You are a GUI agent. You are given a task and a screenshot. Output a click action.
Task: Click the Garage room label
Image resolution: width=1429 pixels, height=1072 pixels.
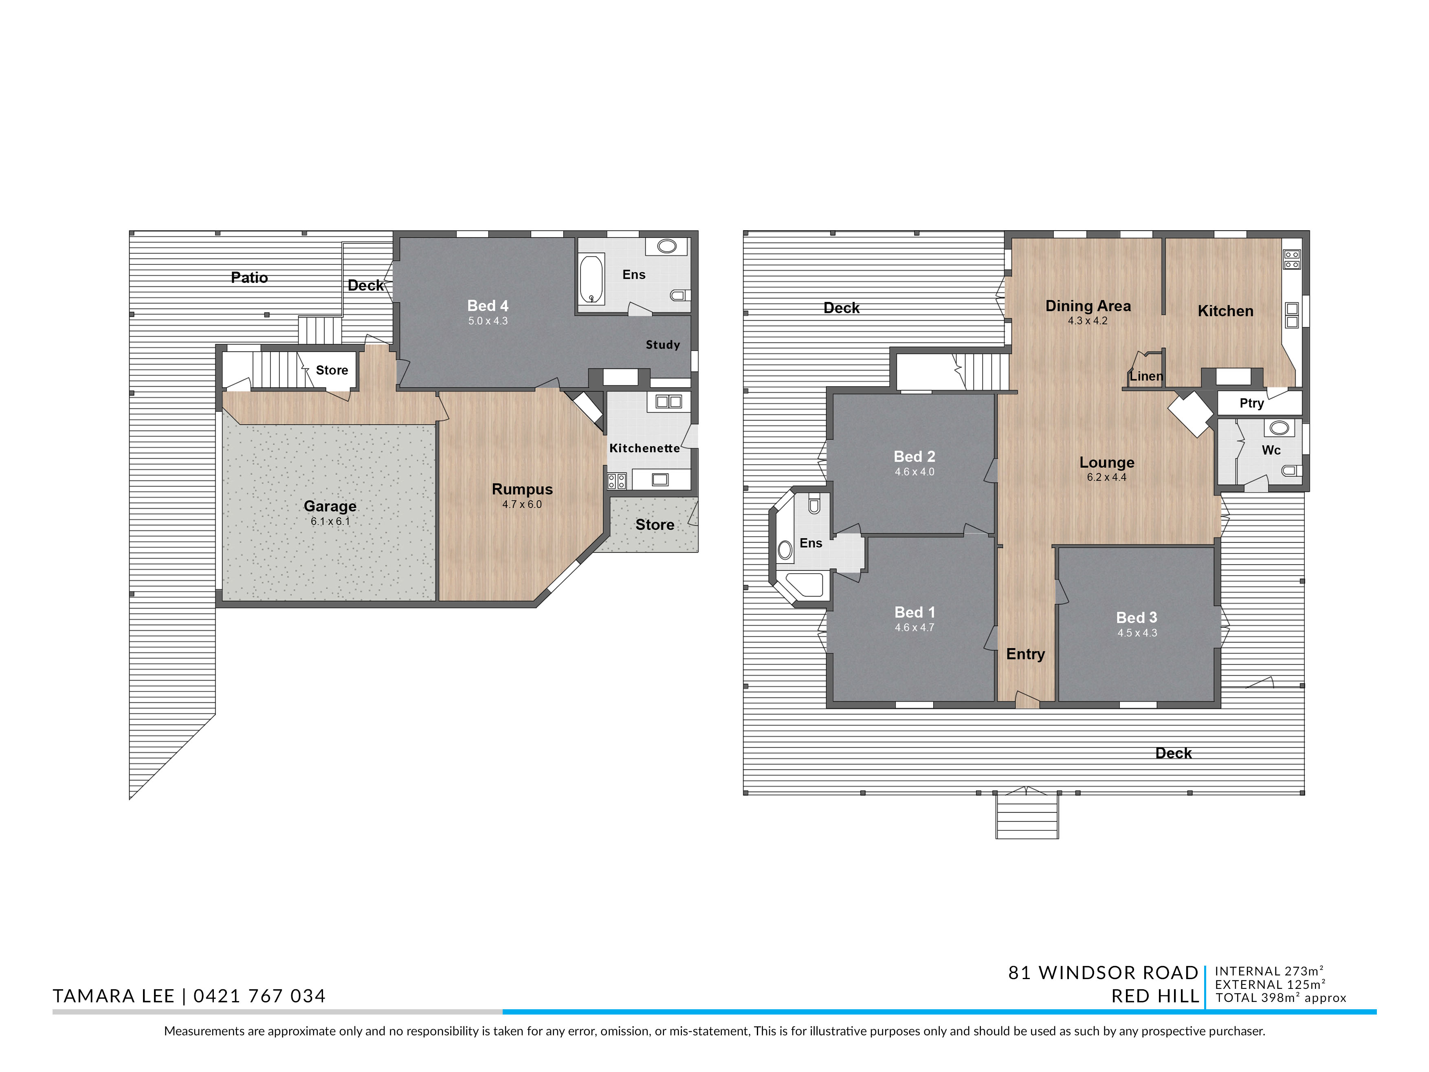(x=330, y=506)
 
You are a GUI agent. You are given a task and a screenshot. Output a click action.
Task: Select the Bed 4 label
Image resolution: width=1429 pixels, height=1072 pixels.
(x=488, y=306)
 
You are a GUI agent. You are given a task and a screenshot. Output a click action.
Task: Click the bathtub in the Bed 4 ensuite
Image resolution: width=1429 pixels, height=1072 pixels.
(x=591, y=280)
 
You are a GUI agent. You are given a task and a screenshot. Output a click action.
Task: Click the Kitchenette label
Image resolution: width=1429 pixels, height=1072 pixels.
(x=645, y=448)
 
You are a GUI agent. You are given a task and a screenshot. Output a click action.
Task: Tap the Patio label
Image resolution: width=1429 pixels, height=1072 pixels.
(x=249, y=277)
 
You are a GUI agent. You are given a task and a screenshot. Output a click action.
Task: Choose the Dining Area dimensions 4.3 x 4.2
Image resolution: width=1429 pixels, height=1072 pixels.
(x=1088, y=321)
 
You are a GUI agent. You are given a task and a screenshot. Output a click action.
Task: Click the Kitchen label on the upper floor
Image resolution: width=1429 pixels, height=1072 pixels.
(x=1225, y=311)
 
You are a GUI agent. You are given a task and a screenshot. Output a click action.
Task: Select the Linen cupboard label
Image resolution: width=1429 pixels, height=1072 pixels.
(x=1146, y=376)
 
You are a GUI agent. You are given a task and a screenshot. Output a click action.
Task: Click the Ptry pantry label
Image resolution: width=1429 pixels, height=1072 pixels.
(x=1251, y=403)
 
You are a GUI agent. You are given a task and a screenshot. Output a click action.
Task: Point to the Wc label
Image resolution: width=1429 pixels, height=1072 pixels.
(x=1271, y=450)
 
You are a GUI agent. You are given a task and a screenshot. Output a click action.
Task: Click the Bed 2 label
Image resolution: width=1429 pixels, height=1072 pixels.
(x=914, y=456)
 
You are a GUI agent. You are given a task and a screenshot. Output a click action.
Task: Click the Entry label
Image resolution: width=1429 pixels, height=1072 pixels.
(x=1025, y=654)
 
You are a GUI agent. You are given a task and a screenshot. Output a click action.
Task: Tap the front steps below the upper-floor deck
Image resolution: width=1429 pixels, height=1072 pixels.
(x=1027, y=816)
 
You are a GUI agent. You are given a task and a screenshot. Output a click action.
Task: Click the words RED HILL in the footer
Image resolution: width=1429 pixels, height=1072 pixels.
(x=1155, y=996)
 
